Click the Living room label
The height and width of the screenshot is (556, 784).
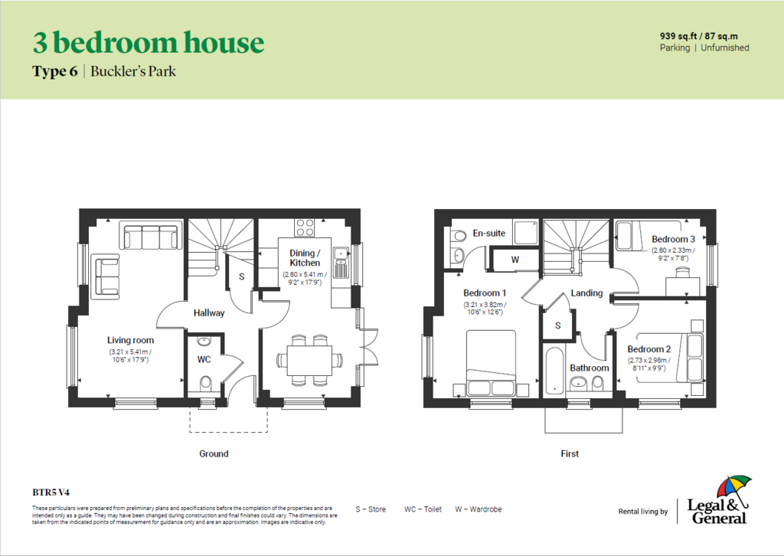tap(130, 340)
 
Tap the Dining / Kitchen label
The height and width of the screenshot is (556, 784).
tap(305, 258)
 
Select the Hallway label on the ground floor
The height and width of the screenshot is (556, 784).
tap(209, 313)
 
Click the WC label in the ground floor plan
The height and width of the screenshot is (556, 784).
tap(204, 359)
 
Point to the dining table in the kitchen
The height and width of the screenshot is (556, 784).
tap(309, 360)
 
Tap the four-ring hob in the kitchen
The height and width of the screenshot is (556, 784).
tap(304, 227)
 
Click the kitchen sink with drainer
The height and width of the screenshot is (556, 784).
tap(341, 262)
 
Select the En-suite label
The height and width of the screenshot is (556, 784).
tap(489, 233)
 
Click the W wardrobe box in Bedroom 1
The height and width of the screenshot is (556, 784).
tap(515, 260)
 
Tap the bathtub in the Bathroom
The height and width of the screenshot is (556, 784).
tap(554, 369)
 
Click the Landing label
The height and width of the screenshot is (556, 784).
tap(586, 293)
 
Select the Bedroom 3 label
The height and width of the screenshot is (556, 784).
tap(673, 239)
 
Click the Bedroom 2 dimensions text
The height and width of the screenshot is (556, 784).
tap(649, 364)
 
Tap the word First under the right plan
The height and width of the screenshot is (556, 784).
tap(570, 453)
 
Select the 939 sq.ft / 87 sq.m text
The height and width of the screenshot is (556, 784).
tap(698, 36)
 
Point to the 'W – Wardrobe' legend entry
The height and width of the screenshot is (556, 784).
tap(478, 509)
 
